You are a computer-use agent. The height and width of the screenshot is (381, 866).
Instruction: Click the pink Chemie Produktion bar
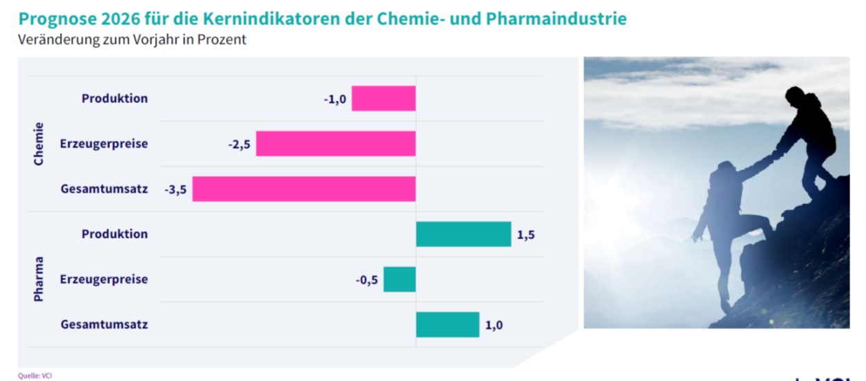(384, 98)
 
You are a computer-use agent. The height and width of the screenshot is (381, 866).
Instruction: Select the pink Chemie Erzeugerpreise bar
(336, 144)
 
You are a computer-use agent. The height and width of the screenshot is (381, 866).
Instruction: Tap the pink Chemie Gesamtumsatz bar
(304, 189)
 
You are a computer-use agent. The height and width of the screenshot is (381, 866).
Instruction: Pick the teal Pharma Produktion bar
(463, 234)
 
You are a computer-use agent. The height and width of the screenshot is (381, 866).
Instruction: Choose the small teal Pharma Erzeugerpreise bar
(399, 279)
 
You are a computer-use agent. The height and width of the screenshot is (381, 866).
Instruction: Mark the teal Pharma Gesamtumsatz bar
(447, 324)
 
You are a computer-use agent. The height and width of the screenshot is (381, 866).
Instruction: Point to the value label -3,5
(176, 189)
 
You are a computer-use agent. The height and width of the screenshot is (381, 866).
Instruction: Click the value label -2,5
(239, 144)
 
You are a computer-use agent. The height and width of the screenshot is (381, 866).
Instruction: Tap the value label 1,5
(526, 234)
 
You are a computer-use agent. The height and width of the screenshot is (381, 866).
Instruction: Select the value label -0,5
(367, 279)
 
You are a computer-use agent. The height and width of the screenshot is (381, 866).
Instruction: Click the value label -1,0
(335, 98)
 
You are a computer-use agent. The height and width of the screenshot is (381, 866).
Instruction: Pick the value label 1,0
(493, 324)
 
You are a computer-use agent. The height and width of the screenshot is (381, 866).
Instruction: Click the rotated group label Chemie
(39, 144)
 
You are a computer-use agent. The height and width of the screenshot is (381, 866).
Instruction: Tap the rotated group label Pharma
(39, 279)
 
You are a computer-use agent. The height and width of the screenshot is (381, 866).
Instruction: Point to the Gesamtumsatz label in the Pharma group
(104, 324)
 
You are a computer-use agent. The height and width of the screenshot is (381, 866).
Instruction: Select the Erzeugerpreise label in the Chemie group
(104, 144)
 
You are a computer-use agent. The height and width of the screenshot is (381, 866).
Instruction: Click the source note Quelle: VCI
(35, 375)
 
